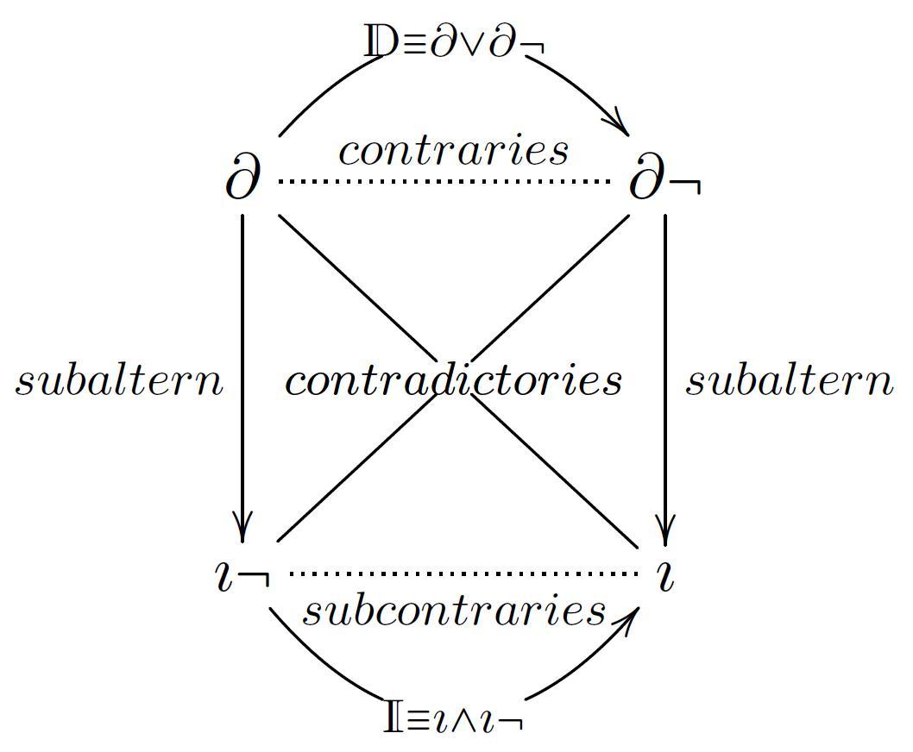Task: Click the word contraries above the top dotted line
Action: click(x=454, y=151)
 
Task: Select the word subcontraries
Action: click(x=454, y=611)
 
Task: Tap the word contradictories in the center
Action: click(x=454, y=380)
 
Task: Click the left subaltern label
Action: click(x=119, y=380)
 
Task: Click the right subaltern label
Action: click(x=789, y=380)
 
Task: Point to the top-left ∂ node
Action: click(x=242, y=180)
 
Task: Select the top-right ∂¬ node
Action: click(x=663, y=181)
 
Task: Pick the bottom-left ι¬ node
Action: click(x=242, y=576)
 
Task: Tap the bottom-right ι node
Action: click(x=664, y=576)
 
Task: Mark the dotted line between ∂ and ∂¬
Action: click(x=444, y=181)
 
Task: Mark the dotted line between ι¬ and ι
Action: click(x=463, y=573)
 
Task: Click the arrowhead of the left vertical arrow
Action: click(x=242, y=528)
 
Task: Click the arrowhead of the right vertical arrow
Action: click(x=664, y=528)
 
